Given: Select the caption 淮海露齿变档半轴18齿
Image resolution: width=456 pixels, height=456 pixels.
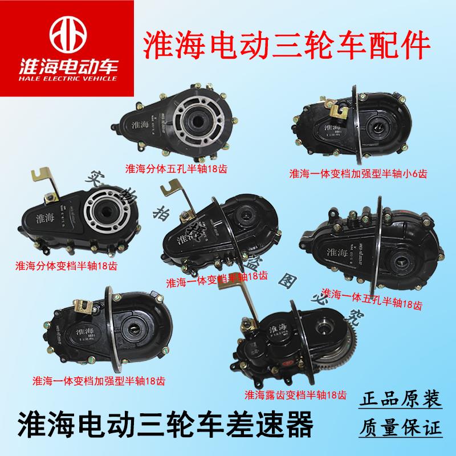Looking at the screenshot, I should pos(295,394).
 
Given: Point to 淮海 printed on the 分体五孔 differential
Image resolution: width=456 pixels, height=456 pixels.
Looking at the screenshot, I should pos(139,123).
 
